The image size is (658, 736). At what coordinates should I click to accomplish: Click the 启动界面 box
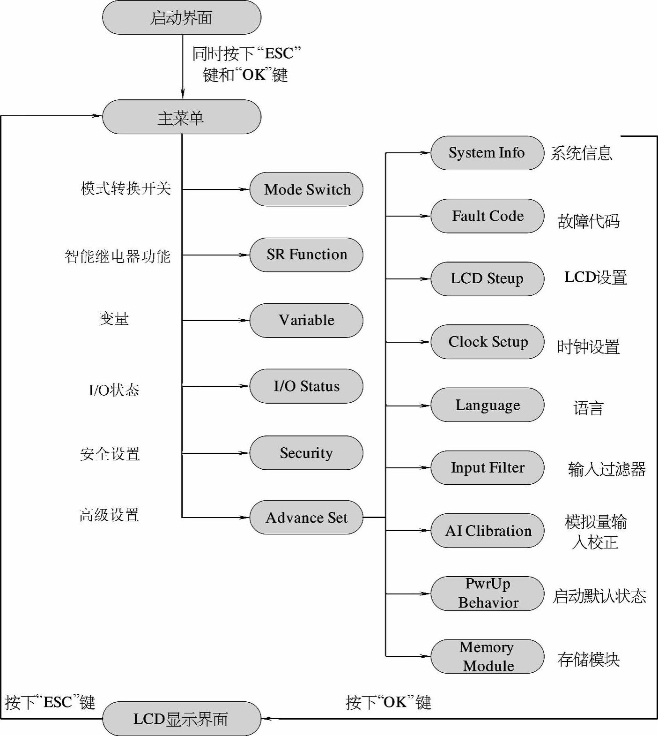tap(181, 18)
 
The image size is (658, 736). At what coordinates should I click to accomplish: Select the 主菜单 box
tap(181, 117)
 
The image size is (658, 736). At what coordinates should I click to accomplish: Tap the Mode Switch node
tap(306, 189)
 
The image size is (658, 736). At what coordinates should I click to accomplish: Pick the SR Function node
tap(306, 255)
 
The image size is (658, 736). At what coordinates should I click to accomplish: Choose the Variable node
tap(306, 320)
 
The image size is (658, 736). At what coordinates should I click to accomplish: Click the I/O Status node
tap(306, 386)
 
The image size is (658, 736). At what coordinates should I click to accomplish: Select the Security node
tap(306, 453)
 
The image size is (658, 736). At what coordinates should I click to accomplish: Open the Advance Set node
tap(306, 518)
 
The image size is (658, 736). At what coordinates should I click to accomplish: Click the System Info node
tap(487, 153)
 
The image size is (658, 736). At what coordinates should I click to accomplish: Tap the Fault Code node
tap(487, 216)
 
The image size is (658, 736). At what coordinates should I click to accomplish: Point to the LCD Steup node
tap(487, 279)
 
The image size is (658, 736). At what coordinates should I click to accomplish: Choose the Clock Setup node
tap(487, 342)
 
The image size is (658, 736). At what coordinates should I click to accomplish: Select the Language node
tap(487, 405)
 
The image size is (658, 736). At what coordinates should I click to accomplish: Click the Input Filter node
tap(487, 468)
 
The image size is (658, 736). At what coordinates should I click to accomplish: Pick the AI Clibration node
tap(487, 531)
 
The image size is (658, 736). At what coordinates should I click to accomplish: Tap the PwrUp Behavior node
tap(487, 593)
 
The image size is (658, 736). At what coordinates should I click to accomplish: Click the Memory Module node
tap(487, 656)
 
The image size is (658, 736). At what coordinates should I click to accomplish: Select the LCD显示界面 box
tap(181, 719)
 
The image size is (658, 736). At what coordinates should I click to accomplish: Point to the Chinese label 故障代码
tap(588, 221)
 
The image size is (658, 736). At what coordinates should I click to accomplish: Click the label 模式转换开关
tap(126, 188)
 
